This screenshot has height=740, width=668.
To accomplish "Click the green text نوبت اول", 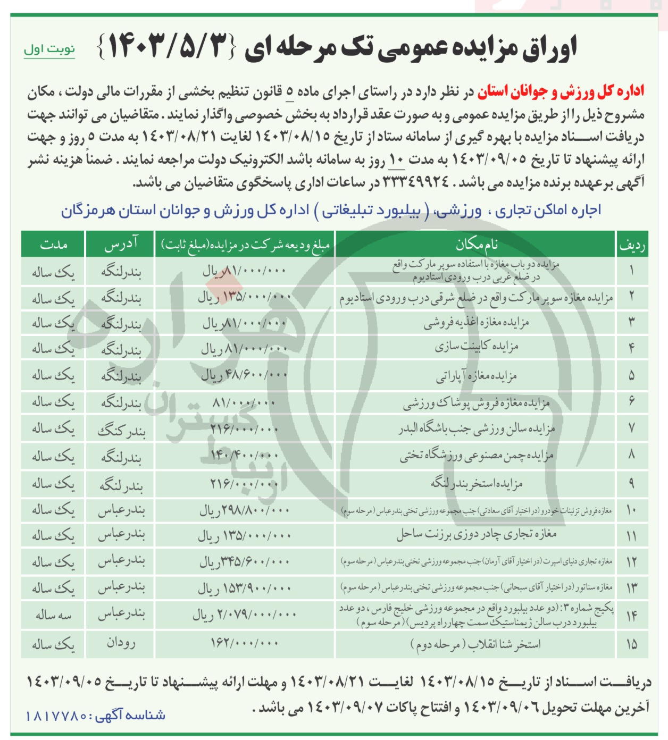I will [49, 49].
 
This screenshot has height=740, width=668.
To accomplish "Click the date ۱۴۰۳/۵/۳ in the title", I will [167, 48].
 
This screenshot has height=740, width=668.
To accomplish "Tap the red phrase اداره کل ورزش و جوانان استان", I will [561, 92].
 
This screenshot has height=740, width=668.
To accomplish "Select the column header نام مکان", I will [476, 244].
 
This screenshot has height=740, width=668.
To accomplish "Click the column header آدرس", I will [121, 244].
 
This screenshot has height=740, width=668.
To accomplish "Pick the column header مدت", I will [53, 244].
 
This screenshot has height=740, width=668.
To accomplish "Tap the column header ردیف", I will [631, 245].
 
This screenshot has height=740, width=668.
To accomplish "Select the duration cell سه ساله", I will [53, 615].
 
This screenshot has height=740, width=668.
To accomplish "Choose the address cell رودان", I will [121, 643].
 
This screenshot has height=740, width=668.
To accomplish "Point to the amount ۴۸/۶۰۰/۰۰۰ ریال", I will [245, 375].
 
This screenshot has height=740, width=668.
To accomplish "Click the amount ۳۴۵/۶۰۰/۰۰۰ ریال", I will [245, 561].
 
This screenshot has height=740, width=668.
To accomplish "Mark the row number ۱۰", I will [631, 510].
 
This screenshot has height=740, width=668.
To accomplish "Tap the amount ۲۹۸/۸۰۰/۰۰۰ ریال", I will [245, 510].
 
